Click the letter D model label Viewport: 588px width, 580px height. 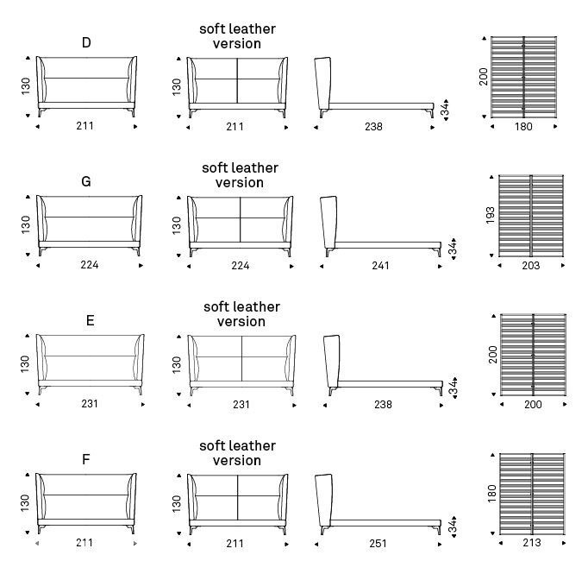click(x=86, y=42)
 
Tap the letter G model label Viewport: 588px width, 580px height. click(x=86, y=181)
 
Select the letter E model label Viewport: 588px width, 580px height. click(x=90, y=320)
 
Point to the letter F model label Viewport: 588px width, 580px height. click(x=86, y=459)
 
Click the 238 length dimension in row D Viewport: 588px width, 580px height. click(x=373, y=127)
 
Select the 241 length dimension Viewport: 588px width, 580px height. click(x=380, y=266)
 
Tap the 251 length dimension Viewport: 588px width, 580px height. click(x=378, y=543)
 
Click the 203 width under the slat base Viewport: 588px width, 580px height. click(x=530, y=266)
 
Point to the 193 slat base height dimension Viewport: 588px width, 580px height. click(x=490, y=215)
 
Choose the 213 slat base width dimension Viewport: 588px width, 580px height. click(x=532, y=543)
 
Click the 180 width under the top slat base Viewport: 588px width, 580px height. click(x=523, y=127)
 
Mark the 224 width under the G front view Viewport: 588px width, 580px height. click(x=90, y=265)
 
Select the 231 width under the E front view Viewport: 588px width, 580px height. click(x=90, y=404)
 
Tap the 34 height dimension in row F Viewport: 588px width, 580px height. click(x=453, y=526)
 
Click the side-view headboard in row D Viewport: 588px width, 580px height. click(x=322, y=87)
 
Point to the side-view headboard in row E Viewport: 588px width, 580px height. click(x=332, y=365)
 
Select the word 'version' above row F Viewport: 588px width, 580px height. click(x=237, y=461)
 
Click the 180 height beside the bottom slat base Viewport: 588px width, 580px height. click(x=491, y=494)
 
